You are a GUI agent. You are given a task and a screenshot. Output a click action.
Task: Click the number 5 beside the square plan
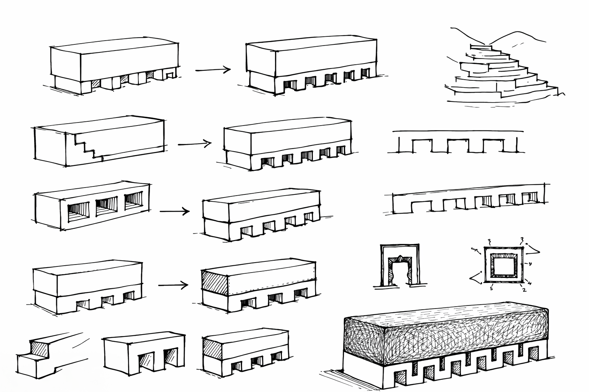pos(491,289)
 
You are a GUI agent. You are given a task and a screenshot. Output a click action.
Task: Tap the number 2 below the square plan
pos(524,290)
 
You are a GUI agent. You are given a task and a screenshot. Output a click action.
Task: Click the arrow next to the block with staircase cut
pos(194,144)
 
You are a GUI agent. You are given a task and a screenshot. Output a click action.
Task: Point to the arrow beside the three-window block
pos(174,211)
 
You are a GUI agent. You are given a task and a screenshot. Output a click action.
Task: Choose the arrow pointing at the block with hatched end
pos(173,285)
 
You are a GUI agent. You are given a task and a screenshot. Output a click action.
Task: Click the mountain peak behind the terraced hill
pos(518,33)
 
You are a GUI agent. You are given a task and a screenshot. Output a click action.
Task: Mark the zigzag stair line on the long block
pos(89,147)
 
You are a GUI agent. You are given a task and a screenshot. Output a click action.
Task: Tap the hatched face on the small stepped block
pos(39,349)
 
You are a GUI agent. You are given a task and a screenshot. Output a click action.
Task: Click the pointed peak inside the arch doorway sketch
pos(400,258)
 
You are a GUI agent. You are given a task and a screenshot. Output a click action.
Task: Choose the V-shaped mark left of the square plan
pos(477,278)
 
